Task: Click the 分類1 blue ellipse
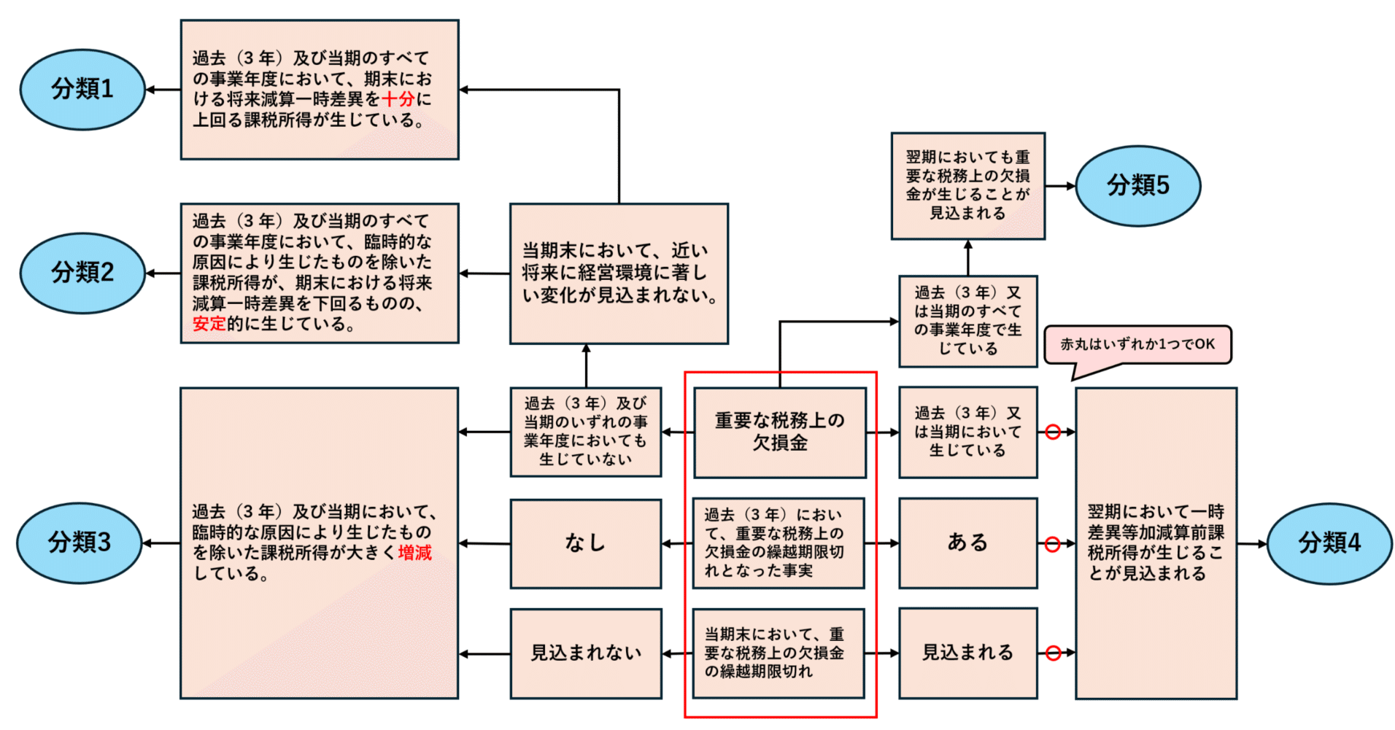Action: pyautogui.click(x=82, y=90)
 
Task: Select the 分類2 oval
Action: pyautogui.click(x=82, y=273)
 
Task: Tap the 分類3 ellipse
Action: pyautogui.click(x=79, y=543)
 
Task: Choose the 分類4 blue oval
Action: pyautogui.click(x=1329, y=543)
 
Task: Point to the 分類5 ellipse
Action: pyautogui.click(x=1137, y=186)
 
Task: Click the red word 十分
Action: pyautogui.click(x=398, y=99)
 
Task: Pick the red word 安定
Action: pyautogui.click(x=209, y=324)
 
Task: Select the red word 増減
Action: pyautogui.click(x=414, y=553)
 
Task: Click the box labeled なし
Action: pyautogui.click(x=585, y=543)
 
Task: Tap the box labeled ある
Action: pyautogui.click(x=967, y=543)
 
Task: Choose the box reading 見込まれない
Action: pyautogui.click(x=585, y=653)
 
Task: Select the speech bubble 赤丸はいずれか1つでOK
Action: pyautogui.click(x=1137, y=345)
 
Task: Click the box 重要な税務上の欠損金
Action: pyautogui.click(x=779, y=432)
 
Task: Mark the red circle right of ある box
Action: pyautogui.click(x=1052, y=544)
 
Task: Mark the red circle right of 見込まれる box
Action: pyautogui.click(x=1052, y=653)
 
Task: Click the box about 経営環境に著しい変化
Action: pyautogui.click(x=619, y=273)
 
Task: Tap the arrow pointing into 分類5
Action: pyautogui.click(x=1061, y=186)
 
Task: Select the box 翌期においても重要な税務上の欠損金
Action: pyautogui.click(x=967, y=186)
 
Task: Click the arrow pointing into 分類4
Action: pyautogui.click(x=1252, y=544)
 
